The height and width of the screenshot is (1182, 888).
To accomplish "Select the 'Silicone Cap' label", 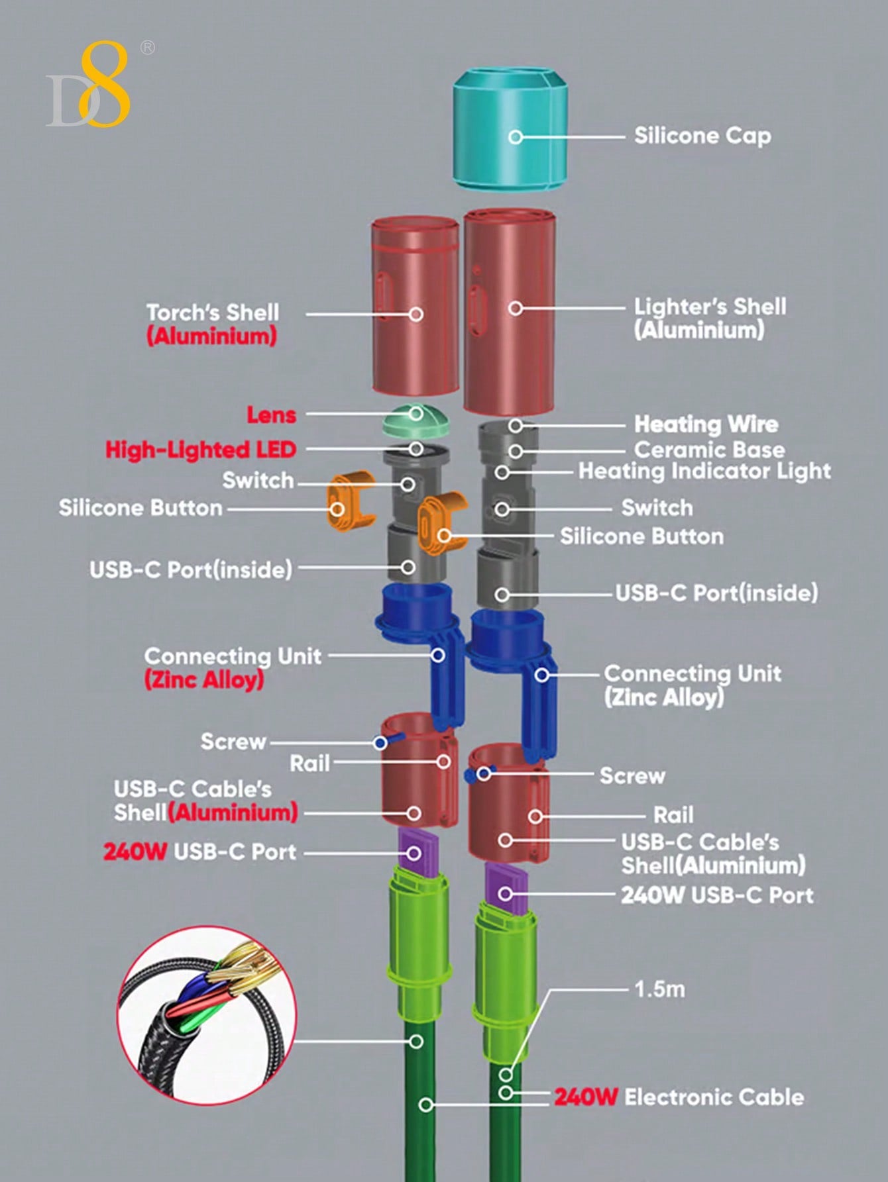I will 702,136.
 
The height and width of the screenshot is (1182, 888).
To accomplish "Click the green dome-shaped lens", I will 415,421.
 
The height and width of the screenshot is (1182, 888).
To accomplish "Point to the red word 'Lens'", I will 272,415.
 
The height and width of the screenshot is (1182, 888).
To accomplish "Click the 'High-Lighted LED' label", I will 200,450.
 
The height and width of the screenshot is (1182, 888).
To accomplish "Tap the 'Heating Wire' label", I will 706,424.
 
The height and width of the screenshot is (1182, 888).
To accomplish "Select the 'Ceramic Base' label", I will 709,450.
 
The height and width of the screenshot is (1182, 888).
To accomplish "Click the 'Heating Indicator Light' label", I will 704,471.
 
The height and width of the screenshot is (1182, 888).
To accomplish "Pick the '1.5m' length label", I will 659,989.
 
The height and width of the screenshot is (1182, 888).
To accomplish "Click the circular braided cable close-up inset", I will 207,1015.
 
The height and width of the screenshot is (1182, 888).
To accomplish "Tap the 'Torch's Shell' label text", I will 212,313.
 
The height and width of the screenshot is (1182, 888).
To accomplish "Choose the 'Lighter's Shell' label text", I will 710,307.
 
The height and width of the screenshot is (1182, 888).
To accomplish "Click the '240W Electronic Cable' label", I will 679,1097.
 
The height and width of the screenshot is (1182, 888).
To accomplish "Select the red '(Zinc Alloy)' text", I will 204,680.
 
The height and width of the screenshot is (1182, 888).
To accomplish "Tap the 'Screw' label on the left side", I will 233,742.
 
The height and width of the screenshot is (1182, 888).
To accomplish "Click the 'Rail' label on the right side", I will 673,815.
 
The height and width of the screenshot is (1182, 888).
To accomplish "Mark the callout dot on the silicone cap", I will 516,137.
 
